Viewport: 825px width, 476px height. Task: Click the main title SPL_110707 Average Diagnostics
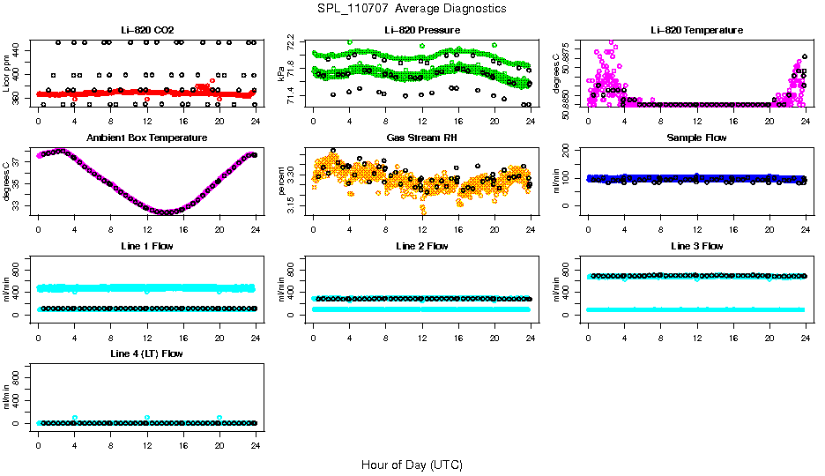pyautogui.click(x=412, y=8)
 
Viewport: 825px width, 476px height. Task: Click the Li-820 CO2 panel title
pyautogui.click(x=146, y=30)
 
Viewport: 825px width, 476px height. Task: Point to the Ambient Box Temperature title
pyautogui.click(x=146, y=138)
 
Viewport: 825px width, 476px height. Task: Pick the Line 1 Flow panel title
pyautogui.click(x=146, y=245)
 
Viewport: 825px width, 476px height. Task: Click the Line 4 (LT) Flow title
pyautogui.click(x=146, y=353)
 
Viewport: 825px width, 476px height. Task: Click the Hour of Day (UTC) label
pyautogui.click(x=412, y=465)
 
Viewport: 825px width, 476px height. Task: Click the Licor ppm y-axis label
pyautogui.click(x=7, y=74)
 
